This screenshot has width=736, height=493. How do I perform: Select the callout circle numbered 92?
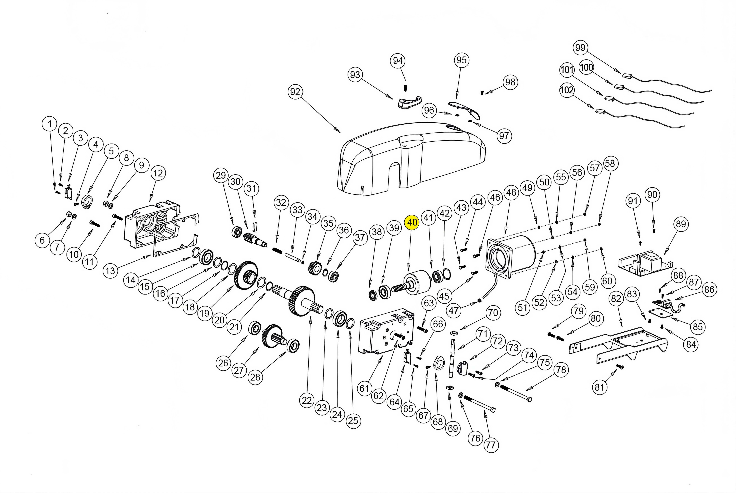click(x=295, y=92)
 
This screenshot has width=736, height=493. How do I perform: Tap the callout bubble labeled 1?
click(x=49, y=124)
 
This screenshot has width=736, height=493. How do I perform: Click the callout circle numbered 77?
click(x=491, y=445)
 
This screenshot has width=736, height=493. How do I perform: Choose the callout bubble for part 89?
click(x=681, y=224)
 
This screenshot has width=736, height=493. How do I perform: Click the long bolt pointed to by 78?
click(x=515, y=393)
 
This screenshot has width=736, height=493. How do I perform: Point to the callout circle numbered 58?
click(x=610, y=164)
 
